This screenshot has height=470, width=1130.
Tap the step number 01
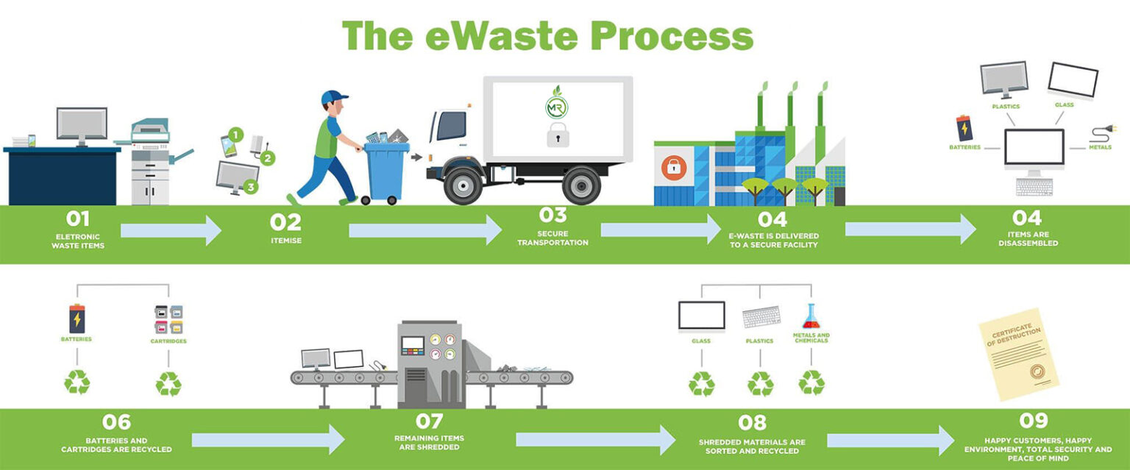[78, 219]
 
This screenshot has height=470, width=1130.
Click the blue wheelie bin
[386, 173]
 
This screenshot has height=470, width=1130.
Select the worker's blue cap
[334, 97]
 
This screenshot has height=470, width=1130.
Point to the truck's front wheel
[465, 185]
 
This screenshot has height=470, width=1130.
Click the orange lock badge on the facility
[672, 168]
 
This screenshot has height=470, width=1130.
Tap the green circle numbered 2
[268, 158]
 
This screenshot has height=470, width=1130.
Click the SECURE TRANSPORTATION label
[552, 238]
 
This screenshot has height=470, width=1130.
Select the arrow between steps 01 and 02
[171, 231]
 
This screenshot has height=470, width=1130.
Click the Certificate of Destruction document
[1019, 353]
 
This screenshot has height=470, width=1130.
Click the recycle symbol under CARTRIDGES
[168, 383]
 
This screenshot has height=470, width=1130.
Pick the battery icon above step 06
[77, 318]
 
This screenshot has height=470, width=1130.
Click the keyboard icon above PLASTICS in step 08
[761, 318]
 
